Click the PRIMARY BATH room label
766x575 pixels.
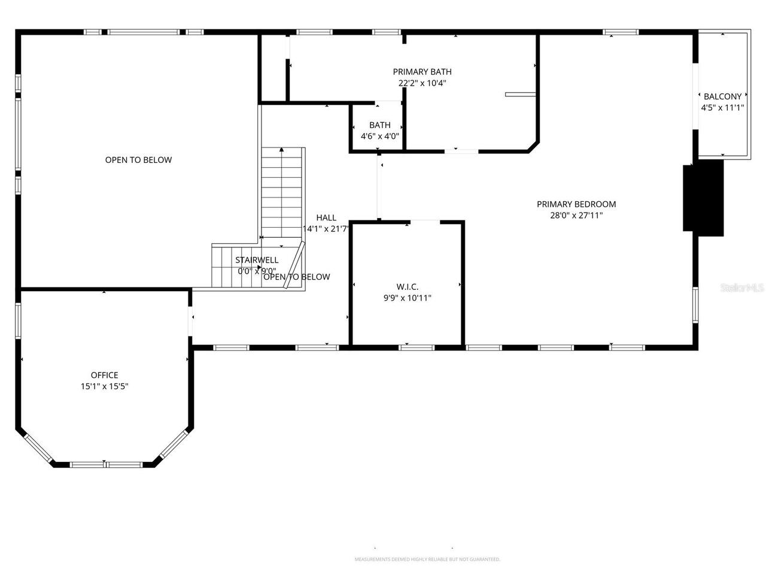422,72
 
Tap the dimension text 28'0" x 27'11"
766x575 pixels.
576,215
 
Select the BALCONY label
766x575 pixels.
722,96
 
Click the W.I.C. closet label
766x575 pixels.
407,286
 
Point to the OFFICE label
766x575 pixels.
104,376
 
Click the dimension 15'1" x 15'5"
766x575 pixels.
104,387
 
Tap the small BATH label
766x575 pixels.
379,125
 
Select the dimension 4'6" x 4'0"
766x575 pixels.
379,136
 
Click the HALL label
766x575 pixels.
326,218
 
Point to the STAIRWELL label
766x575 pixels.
256,260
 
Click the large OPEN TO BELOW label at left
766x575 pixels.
138,160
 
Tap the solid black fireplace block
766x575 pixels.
703,198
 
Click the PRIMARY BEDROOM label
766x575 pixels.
576,204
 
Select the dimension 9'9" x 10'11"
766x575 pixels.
407,298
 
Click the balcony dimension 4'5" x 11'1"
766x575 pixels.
722,108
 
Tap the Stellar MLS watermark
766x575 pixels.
742,288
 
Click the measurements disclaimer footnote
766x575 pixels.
427,559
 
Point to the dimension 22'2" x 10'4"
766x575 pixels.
422,83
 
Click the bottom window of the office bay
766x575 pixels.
105,464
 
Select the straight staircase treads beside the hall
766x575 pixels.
281,192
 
